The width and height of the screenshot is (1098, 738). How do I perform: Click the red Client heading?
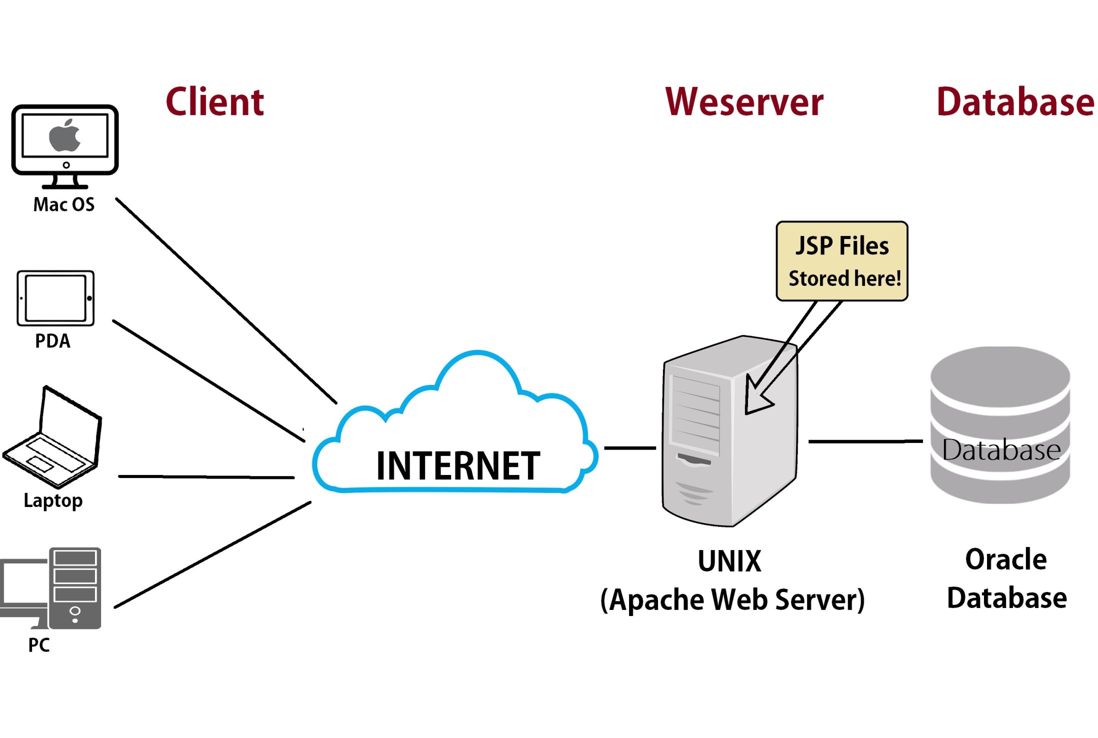tap(214, 102)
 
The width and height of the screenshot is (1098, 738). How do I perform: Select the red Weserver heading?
tap(743, 102)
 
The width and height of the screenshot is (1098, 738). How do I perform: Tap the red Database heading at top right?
tap(1015, 102)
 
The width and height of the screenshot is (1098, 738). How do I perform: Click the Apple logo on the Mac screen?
tap(64, 136)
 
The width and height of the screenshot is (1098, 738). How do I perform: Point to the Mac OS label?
tap(63, 204)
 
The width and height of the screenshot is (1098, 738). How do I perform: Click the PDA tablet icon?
tap(55, 298)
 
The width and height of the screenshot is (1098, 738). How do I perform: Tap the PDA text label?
tap(52, 341)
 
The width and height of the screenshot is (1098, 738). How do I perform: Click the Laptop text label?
tap(53, 500)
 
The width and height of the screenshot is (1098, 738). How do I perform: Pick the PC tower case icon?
tap(75, 588)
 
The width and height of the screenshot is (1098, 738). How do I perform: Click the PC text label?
tap(39, 645)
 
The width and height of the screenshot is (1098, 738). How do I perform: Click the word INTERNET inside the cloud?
tap(457, 466)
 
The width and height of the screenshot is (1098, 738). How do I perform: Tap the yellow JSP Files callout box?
tap(841, 261)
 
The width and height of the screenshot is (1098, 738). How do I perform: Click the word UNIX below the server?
tap(729, 561)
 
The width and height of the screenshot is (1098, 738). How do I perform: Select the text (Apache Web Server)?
tap(732, 599)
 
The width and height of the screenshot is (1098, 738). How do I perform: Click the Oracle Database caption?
tap(1006, 578)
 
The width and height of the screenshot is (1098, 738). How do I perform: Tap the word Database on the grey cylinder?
tap(1000, 450)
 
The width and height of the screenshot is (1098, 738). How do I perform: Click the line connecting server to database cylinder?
tap(865, 441)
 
